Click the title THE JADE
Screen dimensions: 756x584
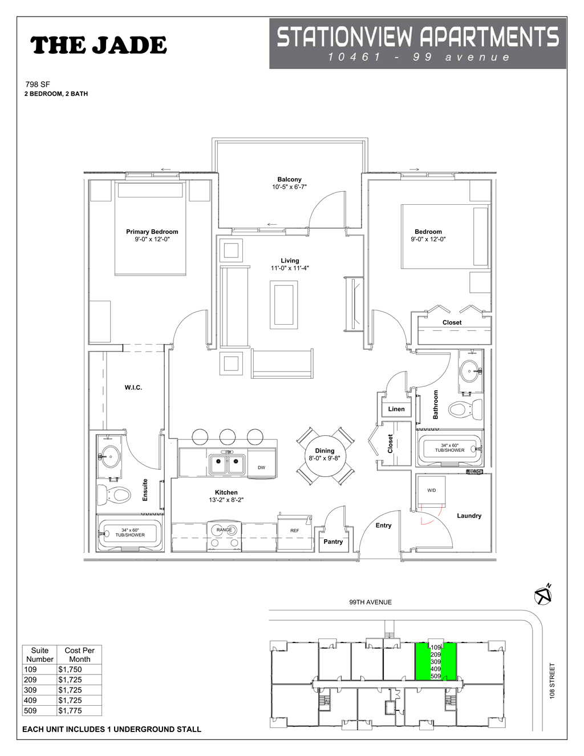click(98, 46)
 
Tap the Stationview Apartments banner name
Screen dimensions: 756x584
click(417, 37)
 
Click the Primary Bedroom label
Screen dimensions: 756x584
click(152, 232)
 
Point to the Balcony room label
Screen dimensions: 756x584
click(289, 179)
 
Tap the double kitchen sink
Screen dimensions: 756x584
click(226, 463)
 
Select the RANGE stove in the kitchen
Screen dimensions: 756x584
click(224, 535)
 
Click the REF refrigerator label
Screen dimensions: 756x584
click(294, 531)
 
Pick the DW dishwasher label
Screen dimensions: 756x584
click(261, 467)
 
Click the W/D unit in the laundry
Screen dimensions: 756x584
click(432, 491)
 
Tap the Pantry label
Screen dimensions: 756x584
click(333, 541)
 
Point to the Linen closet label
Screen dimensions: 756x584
click(396, 409)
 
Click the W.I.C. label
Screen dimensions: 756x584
click(133, 387)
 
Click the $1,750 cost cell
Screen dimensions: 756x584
click(70, 669)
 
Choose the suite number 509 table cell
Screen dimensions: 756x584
click(31, 710)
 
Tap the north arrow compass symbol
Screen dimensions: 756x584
click(543, 595)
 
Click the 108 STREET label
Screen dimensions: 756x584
click(551, 681)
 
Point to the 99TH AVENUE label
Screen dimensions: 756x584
click(370, 602)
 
